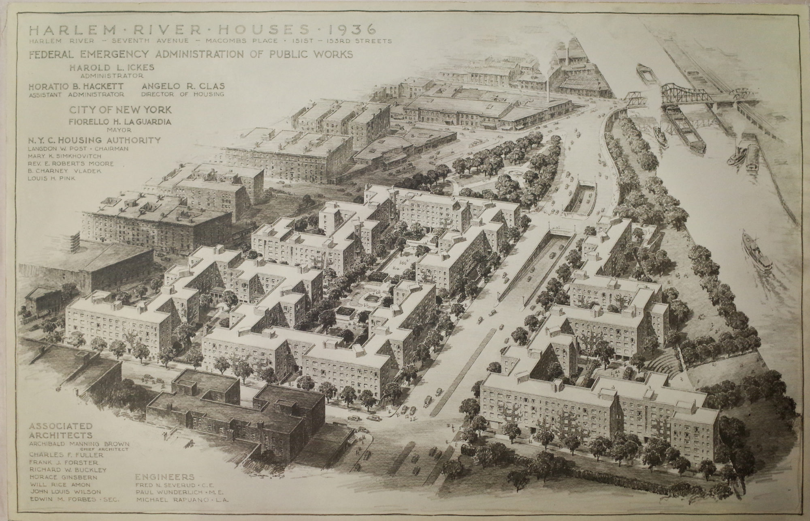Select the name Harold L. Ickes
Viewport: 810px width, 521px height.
[x=112, y=67]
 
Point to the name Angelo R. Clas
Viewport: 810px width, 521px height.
[x=183, y=86]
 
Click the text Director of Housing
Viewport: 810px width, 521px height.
[x=183, y=94]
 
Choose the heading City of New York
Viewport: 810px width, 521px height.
[x=120, y=110]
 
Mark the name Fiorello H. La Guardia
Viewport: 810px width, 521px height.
[x=120, y=121]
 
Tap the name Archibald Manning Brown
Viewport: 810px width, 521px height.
[x=79, y=444]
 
